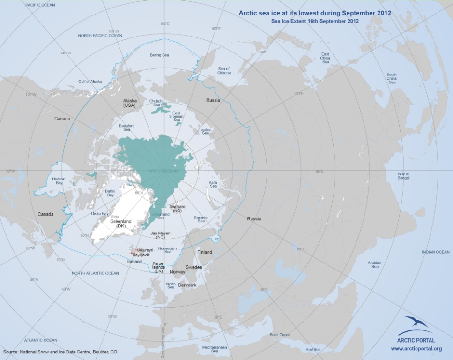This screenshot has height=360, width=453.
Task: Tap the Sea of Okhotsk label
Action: [x=224, y=71]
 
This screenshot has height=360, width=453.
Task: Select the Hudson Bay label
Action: [x=59, y=181]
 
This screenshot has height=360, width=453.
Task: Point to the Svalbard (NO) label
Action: [x=177, y=209]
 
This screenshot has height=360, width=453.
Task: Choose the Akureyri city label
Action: [x=145, y=250]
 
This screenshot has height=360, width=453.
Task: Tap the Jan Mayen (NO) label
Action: [x=160, y=235]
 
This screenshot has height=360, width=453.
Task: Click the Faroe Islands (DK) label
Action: [x=158, y=267]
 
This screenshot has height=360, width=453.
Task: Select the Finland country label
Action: [x=204, y=252]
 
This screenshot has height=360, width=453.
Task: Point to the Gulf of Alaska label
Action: [x=90, y=82]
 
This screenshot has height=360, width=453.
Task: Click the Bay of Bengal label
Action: [x=403, y=176]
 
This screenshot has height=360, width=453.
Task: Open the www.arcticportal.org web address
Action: [x=416, y=349]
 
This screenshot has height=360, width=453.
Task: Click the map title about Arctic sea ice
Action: [x=314, y=13]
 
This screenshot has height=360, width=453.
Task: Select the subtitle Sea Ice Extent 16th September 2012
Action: [x=314, y=21]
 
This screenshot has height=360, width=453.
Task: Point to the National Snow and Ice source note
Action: [x=60, y=352]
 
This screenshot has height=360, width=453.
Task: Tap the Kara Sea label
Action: [x=213, y=184]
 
